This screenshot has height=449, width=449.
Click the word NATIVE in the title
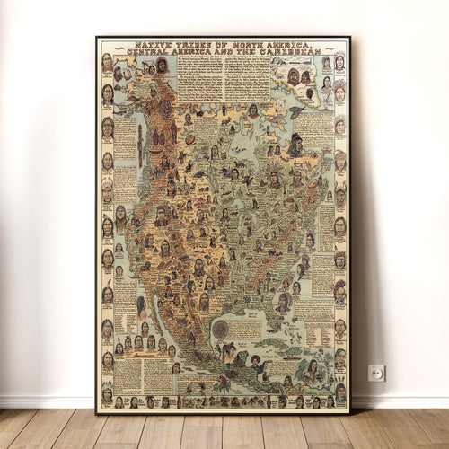(x=150, y=45)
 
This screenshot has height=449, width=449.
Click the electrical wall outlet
(x=376, y=373)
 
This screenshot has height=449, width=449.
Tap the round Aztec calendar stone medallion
(x=220, y=329)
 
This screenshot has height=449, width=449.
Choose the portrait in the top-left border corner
(x=107, y=63)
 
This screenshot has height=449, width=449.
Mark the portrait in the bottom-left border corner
(x=107, y=392)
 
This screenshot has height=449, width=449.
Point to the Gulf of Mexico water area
(x=247, y=314)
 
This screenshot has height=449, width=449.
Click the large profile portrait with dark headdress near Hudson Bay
(x=295, y=145)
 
